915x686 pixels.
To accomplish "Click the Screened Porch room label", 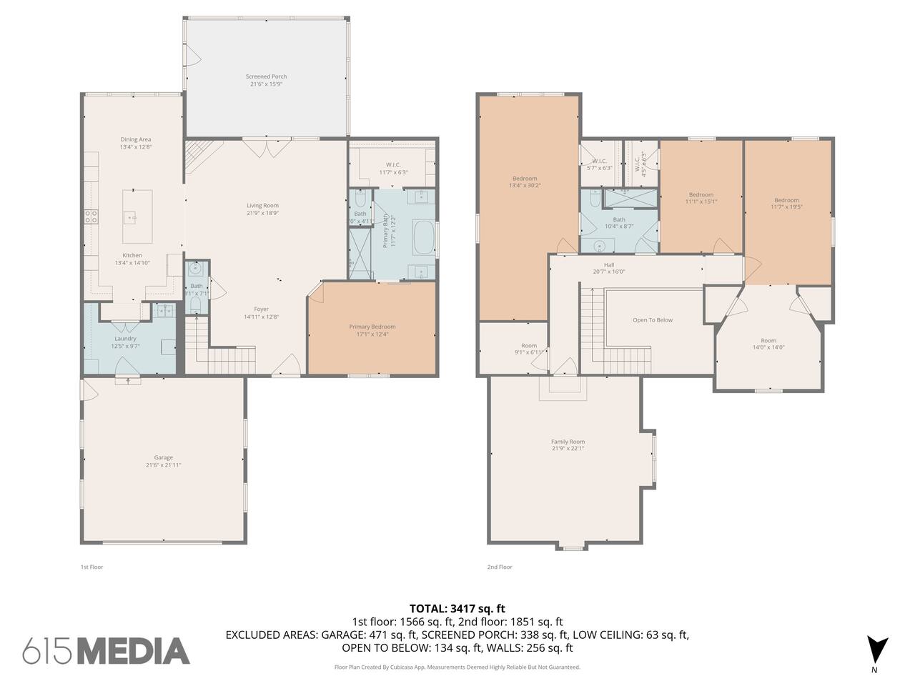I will point(266,76).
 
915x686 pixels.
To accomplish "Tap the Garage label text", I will point(164,457).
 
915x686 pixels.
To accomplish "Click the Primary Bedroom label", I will point(372,327).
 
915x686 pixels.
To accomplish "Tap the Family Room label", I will point(568,442).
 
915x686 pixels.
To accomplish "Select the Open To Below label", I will point(653,320).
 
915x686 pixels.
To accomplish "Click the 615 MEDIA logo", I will point(107,650).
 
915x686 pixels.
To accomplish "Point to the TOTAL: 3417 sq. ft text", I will point(457,609).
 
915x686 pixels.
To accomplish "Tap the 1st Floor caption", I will point(91,567).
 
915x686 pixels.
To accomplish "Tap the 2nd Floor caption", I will point(500,567).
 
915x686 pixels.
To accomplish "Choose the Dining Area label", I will point(135,139).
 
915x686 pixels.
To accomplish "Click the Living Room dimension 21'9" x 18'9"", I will point(262,213).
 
